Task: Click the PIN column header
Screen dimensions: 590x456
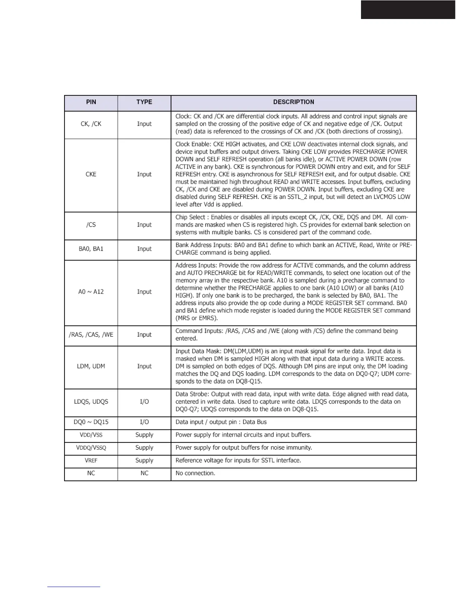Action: pyautogui.click(x=91, y=102)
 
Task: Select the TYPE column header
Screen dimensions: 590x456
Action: pyautogui.click(x=144, y=102)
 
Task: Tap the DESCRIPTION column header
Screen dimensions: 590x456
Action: pyautogui.click(x=294, y=102)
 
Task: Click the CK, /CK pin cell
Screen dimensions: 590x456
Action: pyautogui.click(x=91, y=124)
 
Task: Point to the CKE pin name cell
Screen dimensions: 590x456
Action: pyautogui.click(x=91, y=174)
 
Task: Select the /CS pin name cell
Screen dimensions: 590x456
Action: pyautogui.click(x=91, y=225)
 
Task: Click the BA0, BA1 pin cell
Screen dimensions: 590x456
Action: pyautogui.click(x=91, y=249)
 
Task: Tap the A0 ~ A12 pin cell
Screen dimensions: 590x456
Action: pyautogui.click(x=91, y=292)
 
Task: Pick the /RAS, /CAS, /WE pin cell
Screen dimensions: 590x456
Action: pyautogui.click(x=91, y=335)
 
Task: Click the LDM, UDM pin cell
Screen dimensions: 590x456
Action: pyautogui.click(x=91, y=367)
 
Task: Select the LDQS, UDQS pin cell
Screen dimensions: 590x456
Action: pyautogui.click(x=91, y=402)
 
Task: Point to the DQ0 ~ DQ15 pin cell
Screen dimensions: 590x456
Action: pyautogui.click(x=91, y=422)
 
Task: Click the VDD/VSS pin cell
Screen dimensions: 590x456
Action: pyautogui.click(x=91, y=435)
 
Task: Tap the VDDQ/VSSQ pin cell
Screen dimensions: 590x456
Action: pyautogui.click(x=91, y=448)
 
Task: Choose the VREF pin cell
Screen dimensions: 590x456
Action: pyautogui.click(x=91, y=461)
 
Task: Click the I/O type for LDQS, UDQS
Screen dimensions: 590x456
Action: pyautogui.click(x=144, y=402)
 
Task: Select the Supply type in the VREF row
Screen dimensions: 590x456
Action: pyautogui.click(x=144, y=461)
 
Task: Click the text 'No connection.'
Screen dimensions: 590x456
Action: pyautogui.click(x=195, y=473)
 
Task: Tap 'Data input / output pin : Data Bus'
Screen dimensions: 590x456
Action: pyautogui.click(x=221, y=422)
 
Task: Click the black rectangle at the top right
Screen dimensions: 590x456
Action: pyautogui.click(x=408, y=9)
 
